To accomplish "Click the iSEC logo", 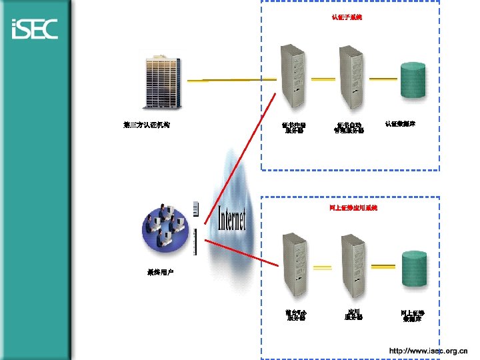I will point(35,29).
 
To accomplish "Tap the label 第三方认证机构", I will point(147,124).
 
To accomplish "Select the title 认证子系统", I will point(347,17).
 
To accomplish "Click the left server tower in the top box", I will point(294,77).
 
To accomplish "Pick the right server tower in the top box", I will point(349,77).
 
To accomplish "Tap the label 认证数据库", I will point(400,123).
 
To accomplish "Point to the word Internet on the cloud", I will point(232,219).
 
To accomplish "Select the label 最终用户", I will point(160,273).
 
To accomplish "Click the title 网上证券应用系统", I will point(353,208).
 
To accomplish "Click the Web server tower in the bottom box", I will point(294,265).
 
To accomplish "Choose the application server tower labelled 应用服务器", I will point(351,265).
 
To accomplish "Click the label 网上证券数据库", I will point(413,315).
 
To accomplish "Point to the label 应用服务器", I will point(353,314).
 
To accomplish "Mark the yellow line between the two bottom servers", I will point(323,268).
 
